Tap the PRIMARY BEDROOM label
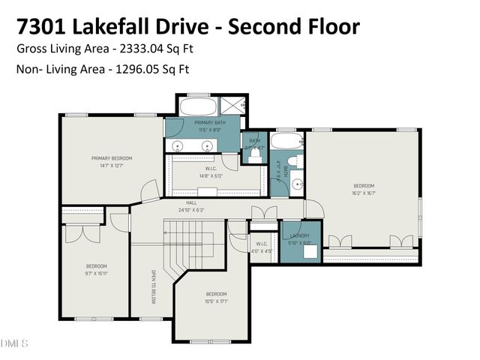click(112, 158)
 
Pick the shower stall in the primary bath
click(232, 105)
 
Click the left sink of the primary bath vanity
click(178, 146)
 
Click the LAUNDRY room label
click(299, 236)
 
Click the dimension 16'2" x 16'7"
click(363, 193)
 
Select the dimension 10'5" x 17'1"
click(216, 301)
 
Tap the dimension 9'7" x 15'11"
click(96, 273)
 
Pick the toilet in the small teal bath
click(256, 148)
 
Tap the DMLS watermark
click(14, 343)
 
